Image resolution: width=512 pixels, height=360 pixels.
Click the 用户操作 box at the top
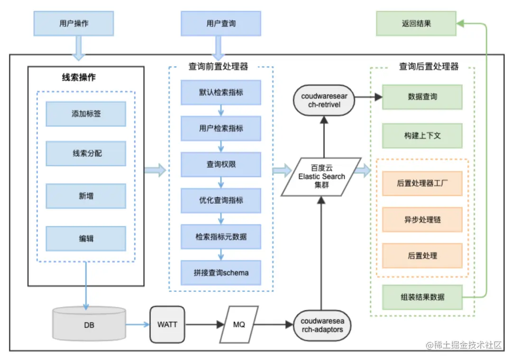coord(74,24)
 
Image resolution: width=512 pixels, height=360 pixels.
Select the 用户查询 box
coord(221,24)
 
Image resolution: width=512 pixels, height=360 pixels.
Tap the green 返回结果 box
coord(416,24)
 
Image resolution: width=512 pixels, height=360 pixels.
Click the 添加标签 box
coord(86,114)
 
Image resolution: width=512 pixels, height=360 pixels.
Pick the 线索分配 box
coord(86,153)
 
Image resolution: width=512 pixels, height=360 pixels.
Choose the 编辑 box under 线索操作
coord(86,239)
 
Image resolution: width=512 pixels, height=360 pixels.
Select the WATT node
coord(167,324)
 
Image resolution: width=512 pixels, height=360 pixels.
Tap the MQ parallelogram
coord(239,324)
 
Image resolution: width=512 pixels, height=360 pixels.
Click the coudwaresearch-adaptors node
coord(322,325)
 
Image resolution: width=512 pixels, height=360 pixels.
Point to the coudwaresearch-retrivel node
coord(324,100)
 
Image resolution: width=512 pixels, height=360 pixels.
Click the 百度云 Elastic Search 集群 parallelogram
coord(321,177)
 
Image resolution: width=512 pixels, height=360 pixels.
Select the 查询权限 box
coord(221,164)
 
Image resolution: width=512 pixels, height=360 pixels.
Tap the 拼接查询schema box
coord(221,273)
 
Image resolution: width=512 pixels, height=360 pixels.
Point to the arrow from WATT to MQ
coord(204,324)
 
